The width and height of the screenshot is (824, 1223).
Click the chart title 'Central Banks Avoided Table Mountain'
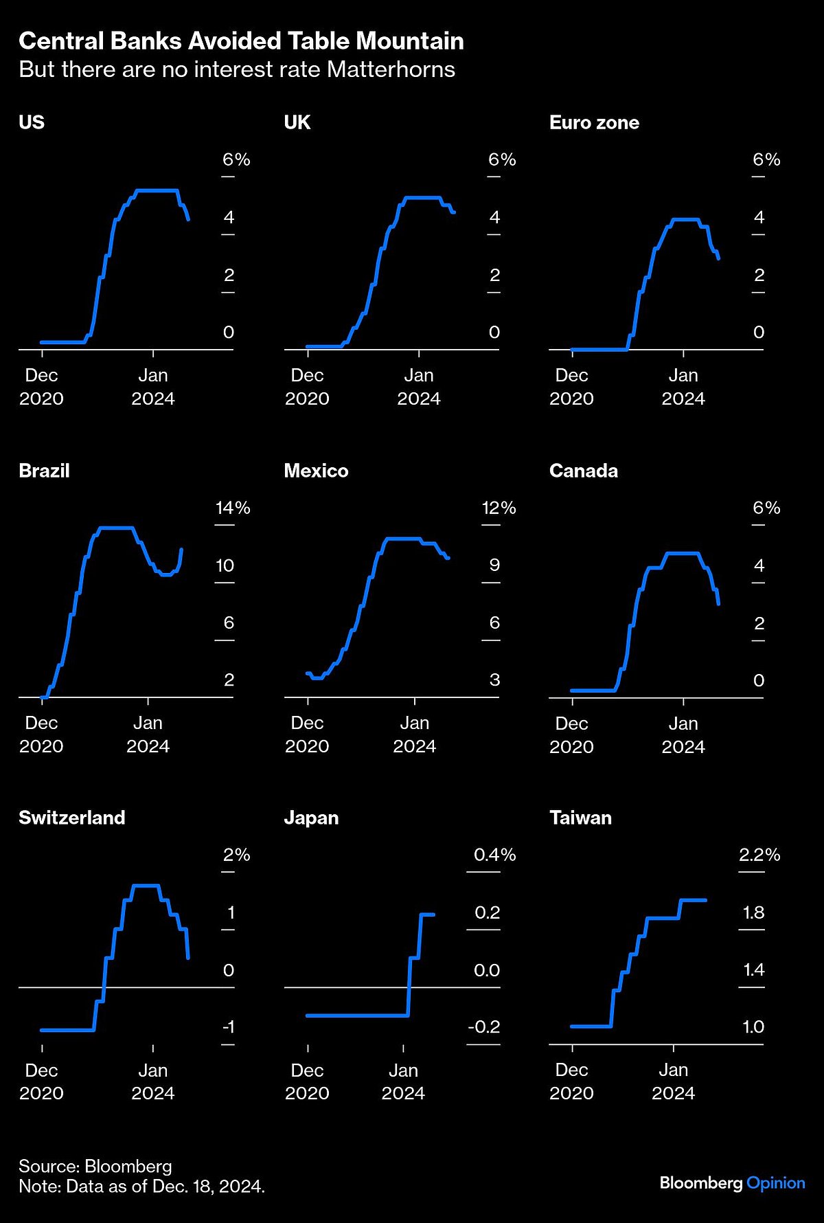click(x=241, y=41)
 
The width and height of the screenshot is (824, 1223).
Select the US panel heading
click(x=32, y=122)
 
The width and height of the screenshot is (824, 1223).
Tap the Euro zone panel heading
click(x=594, y=122)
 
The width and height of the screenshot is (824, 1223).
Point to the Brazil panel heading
click(x=44, y=471)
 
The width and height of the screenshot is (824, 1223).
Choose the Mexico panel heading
click(x=316, y=471)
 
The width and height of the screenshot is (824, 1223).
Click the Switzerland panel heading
click(x=72, y=818)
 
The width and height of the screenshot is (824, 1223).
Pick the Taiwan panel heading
click(x=580, y=818)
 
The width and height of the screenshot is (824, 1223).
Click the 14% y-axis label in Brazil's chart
click(x=233, y=508)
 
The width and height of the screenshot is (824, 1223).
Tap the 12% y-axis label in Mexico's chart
click(x=499, y=508)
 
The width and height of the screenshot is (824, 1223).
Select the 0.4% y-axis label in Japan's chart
click(x=494, y=855)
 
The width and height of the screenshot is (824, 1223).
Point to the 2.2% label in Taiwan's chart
click(x=759, y=855)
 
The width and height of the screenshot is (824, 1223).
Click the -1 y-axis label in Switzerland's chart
click(x=228, y=1026)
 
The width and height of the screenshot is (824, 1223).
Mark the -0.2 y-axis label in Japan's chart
click(x=484, y=1026)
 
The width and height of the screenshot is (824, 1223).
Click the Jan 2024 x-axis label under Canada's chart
click(x=683, y=734)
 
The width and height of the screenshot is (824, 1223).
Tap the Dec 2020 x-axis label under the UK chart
click(x=307, y=387)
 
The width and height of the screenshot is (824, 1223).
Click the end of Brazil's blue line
click(x=181, y=549)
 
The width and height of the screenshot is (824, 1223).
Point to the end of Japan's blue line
click(x=434, y=915)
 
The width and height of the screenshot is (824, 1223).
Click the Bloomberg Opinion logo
click(x=732, y=1182)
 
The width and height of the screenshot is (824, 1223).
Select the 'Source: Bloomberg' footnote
click(x=95, y=1166)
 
